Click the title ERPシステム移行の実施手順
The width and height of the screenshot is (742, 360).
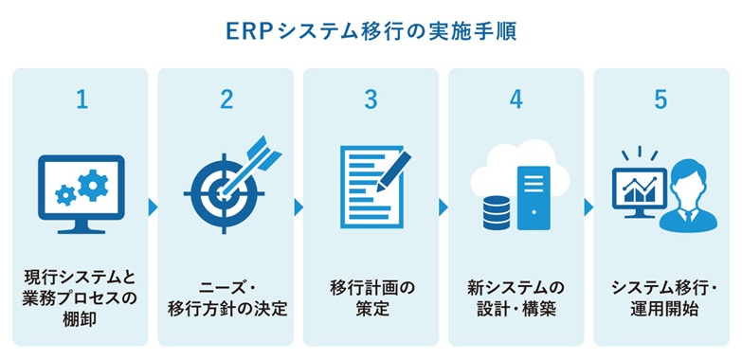pyautogui.click(x=371, y=31)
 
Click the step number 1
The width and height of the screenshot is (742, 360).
pyautogui.click(x=81, y=100)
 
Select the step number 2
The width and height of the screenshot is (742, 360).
pyautogui.click(x=226, y=100)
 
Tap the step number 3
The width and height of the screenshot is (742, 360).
pyautogui.click(x=371, y=100)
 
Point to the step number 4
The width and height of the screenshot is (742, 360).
pyautogui.click(x=516, y=100)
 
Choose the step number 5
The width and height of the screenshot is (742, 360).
pyautogui.click(x=661, y=100)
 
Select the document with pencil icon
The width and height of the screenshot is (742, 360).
pyautogui.click(x=371, y=187)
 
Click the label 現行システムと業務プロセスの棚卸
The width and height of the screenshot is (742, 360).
pyautogui.click(x=81, y=294)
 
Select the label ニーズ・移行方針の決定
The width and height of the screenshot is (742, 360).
pyautogui.click(x=226, y=294)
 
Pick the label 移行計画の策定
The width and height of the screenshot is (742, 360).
pyautogui.click(x=371, y=294)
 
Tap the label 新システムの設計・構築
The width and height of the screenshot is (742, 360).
pyautogui.click(x=516, y=294)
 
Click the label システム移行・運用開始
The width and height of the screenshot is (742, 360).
pyautogui.click(x=661, y=294)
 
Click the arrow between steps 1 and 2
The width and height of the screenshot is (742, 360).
pyautogui.click(x=154, y=206)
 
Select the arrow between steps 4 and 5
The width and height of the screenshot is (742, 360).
pyautogui.click(x=588, y=206)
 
